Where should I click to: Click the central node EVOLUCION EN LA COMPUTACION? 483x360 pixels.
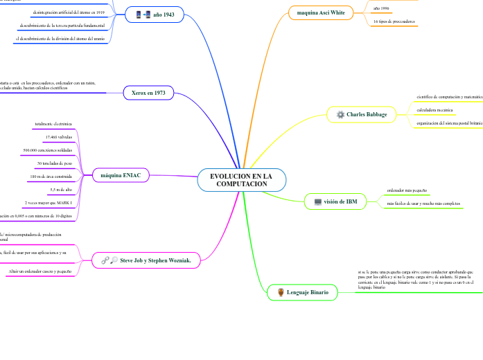tap(241, 180)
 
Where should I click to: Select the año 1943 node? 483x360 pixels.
tap(155, 15)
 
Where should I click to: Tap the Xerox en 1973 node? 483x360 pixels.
tap(148, 92)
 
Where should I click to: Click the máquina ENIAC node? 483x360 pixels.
tap(121, 175)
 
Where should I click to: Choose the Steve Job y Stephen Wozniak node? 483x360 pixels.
tap(146, 260)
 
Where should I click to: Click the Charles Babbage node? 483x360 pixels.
tap(360, 114)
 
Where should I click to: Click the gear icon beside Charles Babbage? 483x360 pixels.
tap(340, 114)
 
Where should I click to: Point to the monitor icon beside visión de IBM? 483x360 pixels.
tap(317, 201)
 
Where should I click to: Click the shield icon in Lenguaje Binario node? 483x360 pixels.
tap(280, 293)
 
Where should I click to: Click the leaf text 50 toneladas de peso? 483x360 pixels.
tap(55, 163)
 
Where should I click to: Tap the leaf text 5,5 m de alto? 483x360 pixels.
tap(61, 189)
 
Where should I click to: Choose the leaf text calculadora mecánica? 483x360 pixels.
tap(434, 110)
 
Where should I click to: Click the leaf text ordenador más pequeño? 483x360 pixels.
tap(407, 190)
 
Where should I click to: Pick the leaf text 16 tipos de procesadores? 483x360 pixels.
tap(394, 21)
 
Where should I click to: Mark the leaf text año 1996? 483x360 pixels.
tap(381, 8)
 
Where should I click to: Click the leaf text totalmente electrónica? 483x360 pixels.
tap(53, 124)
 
